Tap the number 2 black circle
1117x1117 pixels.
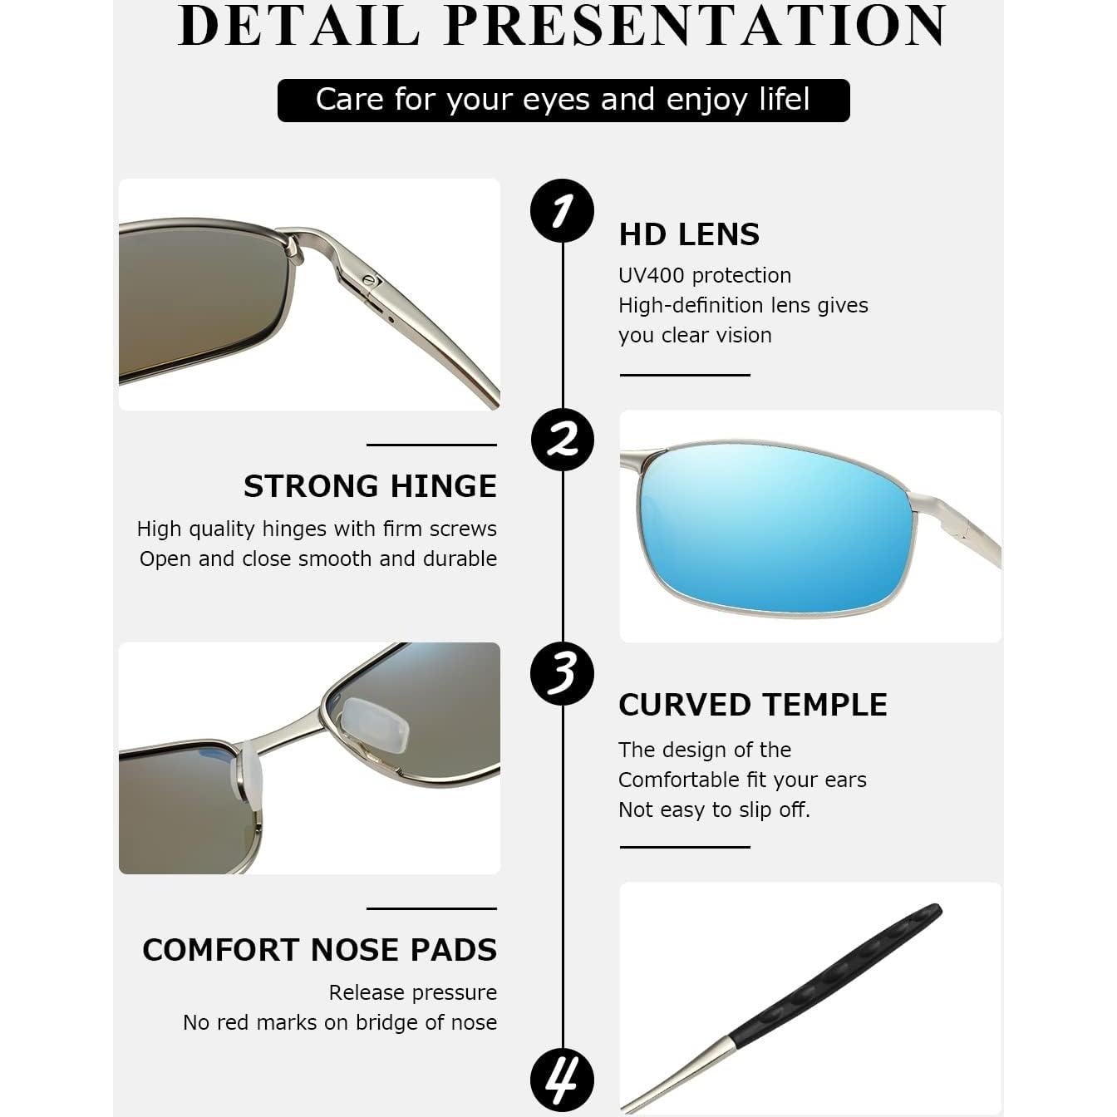coord(562,439)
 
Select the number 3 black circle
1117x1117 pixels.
coord(562,672)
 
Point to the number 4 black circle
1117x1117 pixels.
coord(562,1080)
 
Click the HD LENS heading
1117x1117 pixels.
coord(689,234)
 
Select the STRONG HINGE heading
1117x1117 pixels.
coord(370,486)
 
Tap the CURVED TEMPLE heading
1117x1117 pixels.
coord(752,705)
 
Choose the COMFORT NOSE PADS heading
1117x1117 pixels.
coord(319,950)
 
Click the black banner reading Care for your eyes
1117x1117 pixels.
coord(563,101)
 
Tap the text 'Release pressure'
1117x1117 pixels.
coord(412,992)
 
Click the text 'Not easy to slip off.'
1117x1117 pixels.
coord(714,809)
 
